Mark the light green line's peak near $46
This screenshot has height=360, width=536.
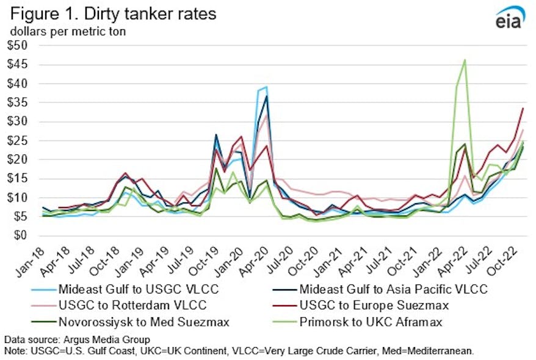point(465,60)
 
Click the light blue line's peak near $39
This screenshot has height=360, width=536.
point(266,87)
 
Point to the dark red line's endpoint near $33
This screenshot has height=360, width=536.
point(523,109)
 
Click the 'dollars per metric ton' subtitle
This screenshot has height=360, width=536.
point(67,31)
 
